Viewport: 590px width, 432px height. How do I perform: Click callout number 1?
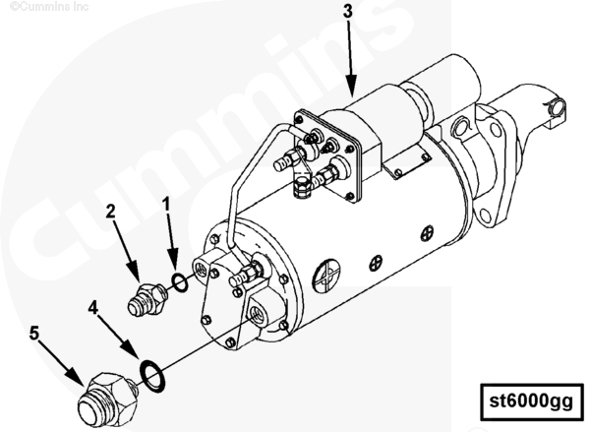[167, 204]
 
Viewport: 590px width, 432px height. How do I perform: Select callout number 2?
[110, 212]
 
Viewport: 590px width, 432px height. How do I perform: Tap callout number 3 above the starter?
[348, 11]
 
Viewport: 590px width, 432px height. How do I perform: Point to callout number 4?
[93, 308]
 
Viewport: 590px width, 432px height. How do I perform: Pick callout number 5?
[34, 333]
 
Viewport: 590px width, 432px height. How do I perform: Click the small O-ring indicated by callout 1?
[180, 282]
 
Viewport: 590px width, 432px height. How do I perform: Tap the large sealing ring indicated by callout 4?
[152, 376]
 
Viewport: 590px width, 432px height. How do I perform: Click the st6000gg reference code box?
[532, 401]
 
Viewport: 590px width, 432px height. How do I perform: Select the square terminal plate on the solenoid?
[325, 155]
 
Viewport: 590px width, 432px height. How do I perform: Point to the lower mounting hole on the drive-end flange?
[486, 216]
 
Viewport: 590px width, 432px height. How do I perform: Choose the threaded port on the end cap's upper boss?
[200, 269]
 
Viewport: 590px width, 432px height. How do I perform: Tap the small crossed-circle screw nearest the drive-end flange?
[428, 232]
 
